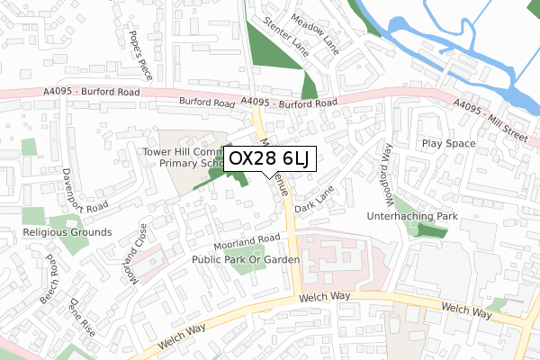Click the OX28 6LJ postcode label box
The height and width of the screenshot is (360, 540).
(x=269, y=159)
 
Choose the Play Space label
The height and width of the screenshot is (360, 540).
(x=447, y=143)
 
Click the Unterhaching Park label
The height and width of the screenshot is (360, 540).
(x=413, y=217)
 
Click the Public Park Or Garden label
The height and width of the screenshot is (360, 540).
(x=245, y=259)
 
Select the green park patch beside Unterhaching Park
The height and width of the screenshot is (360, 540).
(x=425, y=231)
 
